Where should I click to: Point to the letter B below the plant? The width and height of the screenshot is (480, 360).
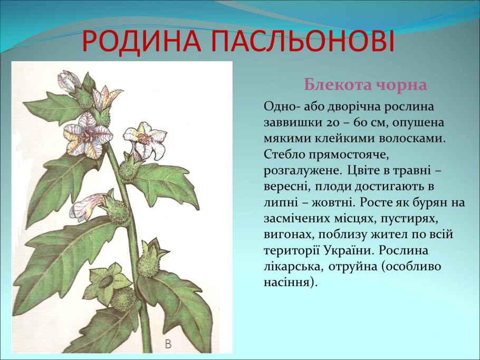click(x=168, y=344)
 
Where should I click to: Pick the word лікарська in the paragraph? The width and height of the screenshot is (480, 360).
click(x=292, y=266)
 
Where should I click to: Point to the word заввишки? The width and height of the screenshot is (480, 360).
click(x=290, y=122)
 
